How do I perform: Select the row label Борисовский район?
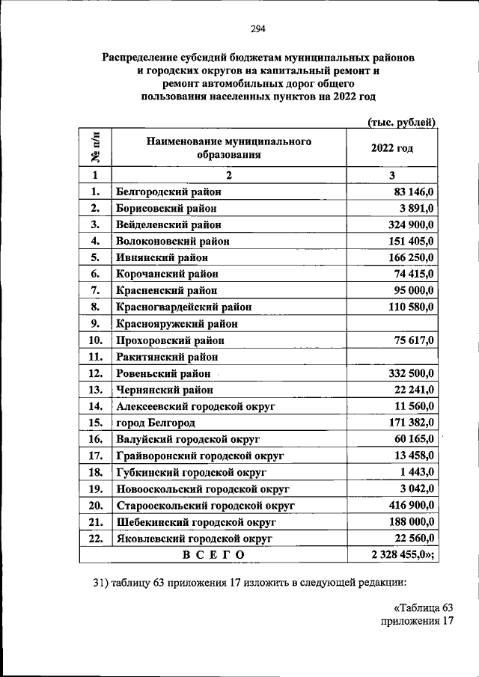click(x=167, y=208)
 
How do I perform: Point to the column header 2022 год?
click(x=392, y=147)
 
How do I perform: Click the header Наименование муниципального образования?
click(x=228, y=148)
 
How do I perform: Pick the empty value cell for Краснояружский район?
click(x=393, y=324)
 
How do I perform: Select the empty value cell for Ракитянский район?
click(x=393, y=357)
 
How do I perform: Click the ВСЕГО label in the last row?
click(x=213, y=554)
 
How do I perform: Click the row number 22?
click(x=95, y=538)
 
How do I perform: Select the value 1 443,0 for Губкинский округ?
click(x=421, y=472)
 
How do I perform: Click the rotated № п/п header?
click(x=96, y=147)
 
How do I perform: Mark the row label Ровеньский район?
click(x=163, y=373)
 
